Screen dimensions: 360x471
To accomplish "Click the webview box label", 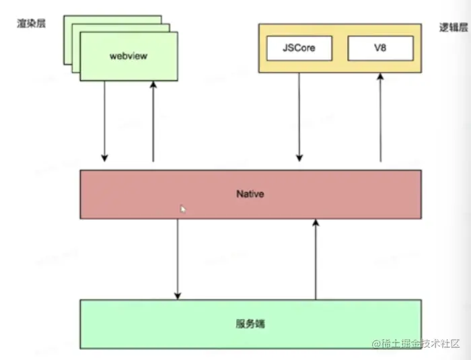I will pyautogui.click(x=128, y=56).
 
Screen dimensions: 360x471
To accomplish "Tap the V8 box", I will pyautogui.click(x=380, y=48).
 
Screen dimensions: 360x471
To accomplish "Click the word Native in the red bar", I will pyautogui.click(x=250, y=194).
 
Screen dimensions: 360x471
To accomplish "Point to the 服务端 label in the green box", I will pyautogui.click(x=250, y=324).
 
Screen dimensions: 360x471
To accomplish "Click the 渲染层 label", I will pyautogui.click(x=30, y=24).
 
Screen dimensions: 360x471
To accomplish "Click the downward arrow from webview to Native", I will pyautogui.click(x=104, y=121).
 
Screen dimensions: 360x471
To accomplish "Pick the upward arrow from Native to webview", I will pyautogui.click(x=153, y=121).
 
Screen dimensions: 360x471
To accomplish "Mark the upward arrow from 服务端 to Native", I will pyautogui.click(x=314, y=259).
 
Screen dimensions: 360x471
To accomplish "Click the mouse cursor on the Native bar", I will pyautogui.click(x=182, y=209).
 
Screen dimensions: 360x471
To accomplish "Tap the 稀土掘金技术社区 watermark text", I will pyautogui.click(x=421, y=344).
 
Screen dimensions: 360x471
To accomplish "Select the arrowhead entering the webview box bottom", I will pyautogui.click(x=153, y=85).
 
